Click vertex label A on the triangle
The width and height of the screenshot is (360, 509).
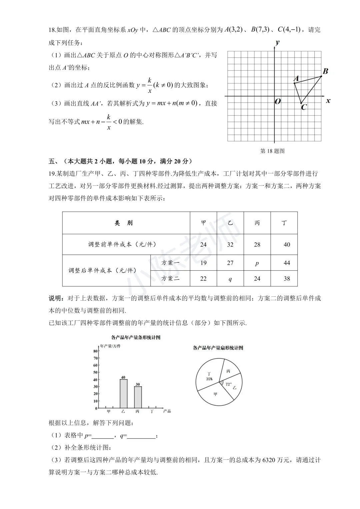coord(296,79)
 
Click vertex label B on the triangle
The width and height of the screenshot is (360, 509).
coord(325,71)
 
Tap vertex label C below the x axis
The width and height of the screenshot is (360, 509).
coord(304,107)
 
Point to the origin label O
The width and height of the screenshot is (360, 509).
coord(278,101)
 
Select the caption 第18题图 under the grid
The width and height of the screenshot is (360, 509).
coord(272,151)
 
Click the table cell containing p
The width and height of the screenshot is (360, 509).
coord(257,263)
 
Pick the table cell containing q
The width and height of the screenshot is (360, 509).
coord(230,279)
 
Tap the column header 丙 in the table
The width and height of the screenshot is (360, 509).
coord(257,223)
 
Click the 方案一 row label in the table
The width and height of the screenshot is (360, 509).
coord(170,263)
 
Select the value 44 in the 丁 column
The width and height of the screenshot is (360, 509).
coord(287,263)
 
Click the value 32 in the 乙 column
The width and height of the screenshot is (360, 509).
coord(230,245)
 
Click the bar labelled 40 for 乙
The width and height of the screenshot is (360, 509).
coord(123,394)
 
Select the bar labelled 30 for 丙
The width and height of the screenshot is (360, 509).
coord(138,397)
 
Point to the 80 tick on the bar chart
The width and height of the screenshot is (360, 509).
coord(95,351)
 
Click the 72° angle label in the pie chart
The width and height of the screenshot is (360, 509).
coord(228,384)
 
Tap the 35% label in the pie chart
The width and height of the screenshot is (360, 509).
coord(209,379)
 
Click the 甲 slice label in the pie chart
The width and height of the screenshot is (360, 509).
coord(215,394)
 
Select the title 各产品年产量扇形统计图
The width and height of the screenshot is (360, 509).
coord(218,348)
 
